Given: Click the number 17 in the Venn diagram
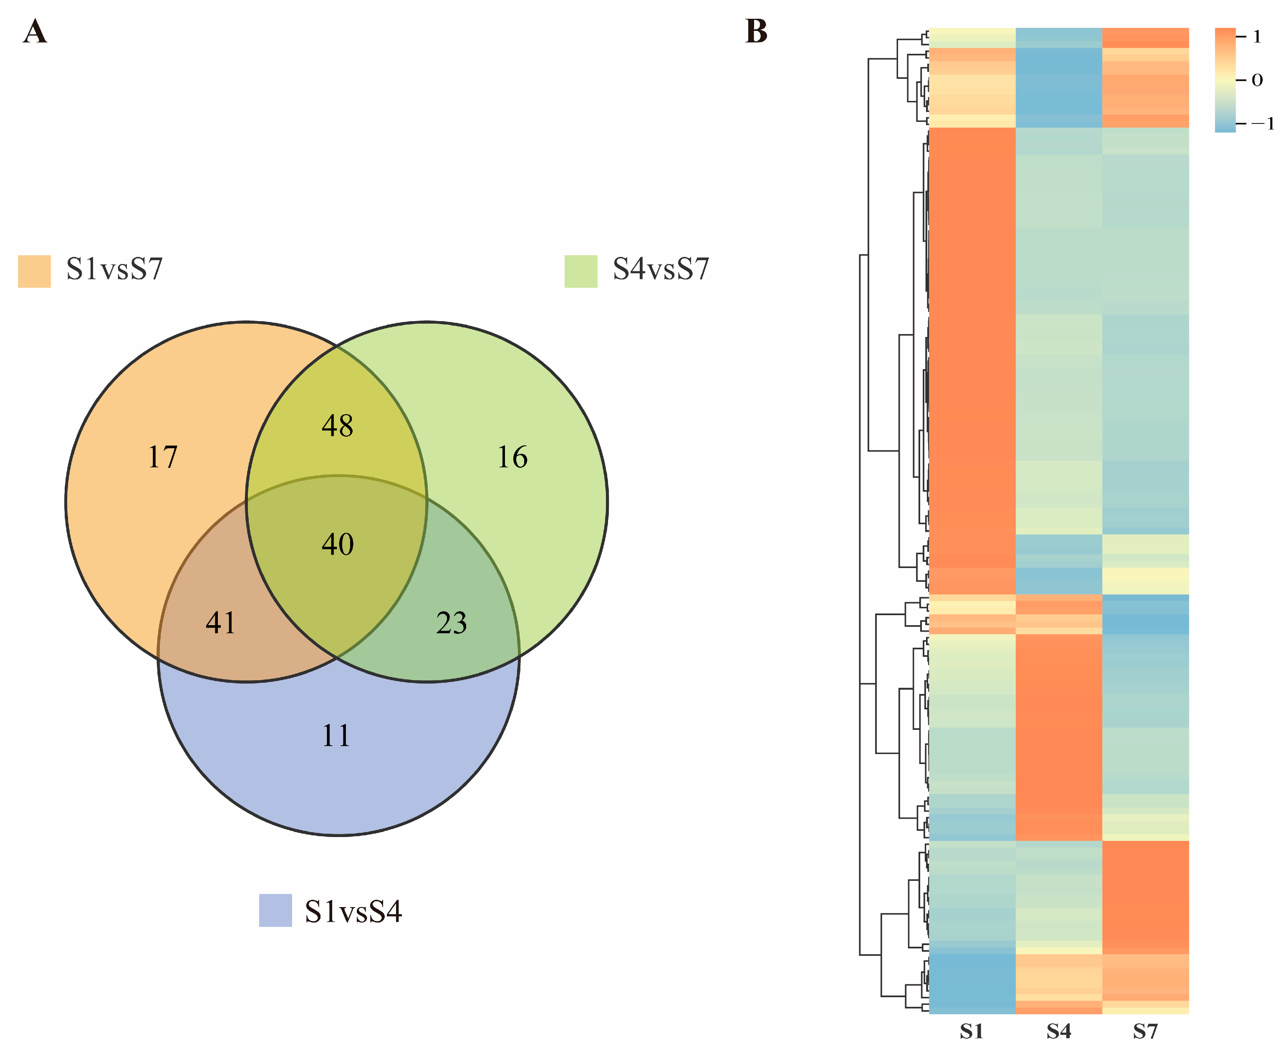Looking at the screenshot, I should click(x=163, y=457).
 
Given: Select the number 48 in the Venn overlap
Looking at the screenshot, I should click(x=338, y=425).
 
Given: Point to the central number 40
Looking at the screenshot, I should click(x=338, y=544).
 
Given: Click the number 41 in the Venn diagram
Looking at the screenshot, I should click(x=221, y=623).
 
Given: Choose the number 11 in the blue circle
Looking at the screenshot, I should click(x=336, y=735).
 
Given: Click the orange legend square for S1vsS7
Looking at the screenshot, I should click(x=34, y=271).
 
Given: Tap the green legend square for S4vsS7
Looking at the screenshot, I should click(x=580, y=271).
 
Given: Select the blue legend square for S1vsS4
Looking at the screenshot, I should click(x=275, y=910).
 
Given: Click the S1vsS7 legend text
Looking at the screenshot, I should click(x=114, y=269).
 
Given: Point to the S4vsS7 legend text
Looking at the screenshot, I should click(x=661, y=269).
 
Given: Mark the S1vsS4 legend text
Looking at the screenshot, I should click(x=353, y=912).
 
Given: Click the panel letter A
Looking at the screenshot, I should click(x=35, y=32).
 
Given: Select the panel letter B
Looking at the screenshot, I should click(x=756, y=32).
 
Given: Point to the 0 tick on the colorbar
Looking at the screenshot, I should click(x=1257, y=80).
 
